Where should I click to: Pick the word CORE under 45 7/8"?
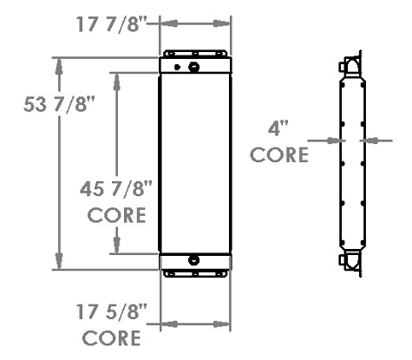(x=116, y=214)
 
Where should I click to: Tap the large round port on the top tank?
(x=193, y=67)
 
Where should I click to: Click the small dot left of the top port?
(x=177, y=67)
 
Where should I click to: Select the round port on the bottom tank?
(x=193, y=259)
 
